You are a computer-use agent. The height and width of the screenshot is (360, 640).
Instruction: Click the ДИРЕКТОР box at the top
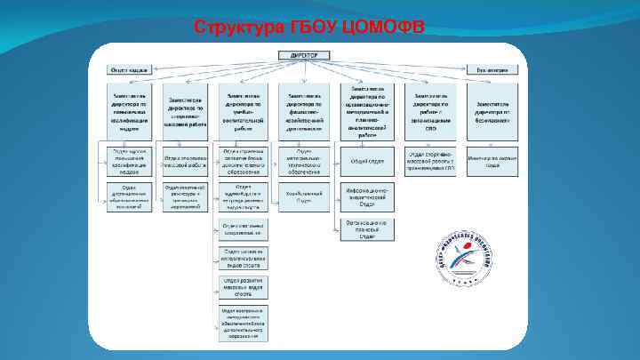click(x=304, y=55)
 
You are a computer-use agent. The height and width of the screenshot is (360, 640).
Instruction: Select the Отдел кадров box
click(x=129, y=68)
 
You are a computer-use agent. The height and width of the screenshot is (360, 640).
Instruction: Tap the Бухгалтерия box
click(x=492, y=68)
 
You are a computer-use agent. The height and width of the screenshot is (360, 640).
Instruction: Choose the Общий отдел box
click(x=367, y=161)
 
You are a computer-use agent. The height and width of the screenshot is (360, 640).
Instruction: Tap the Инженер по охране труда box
click(x=491, y=161)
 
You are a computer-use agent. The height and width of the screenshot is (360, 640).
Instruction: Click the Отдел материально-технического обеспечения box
click(x=304, y=161)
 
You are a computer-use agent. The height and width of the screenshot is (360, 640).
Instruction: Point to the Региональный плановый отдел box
click(x=367, y=229)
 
